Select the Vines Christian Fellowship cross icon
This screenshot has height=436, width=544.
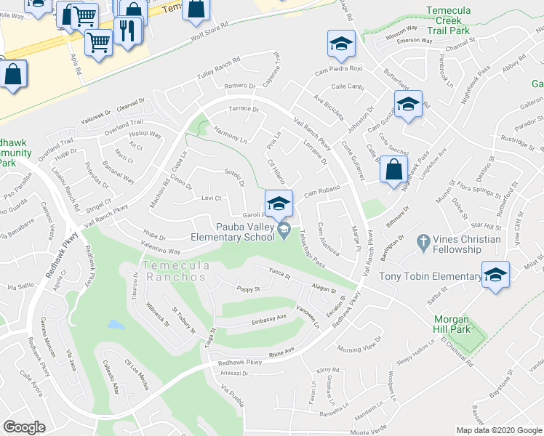(x=424, y=240)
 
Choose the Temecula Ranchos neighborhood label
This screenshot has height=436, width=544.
(x=175, y=271)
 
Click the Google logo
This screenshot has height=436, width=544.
(x=24, y=427)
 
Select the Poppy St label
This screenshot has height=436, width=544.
(x=248, y=289)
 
